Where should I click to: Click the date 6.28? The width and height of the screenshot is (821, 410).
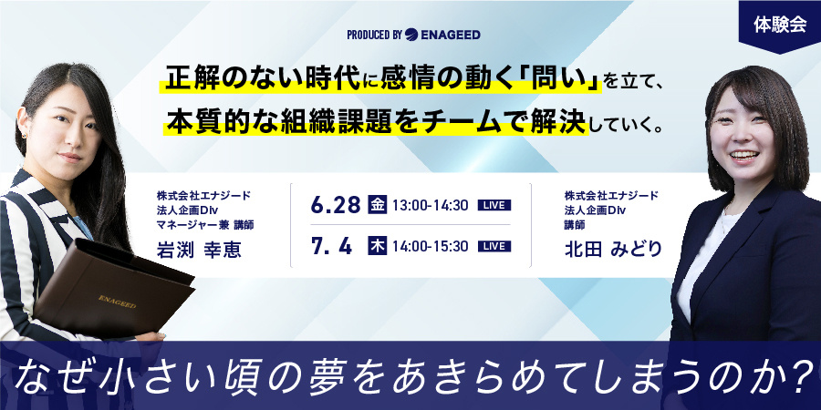pyautogui.click(x=336, y=205)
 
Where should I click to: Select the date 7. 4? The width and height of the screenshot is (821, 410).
pyautogui.click(x=331, y=246)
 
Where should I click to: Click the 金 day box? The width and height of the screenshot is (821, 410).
pyautogui.click(x=378, y=205)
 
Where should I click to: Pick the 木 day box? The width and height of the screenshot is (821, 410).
pyautogui.click(x=378, y=246)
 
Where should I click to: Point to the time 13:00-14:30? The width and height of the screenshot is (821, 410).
pyautogui.click(x=430, y=206)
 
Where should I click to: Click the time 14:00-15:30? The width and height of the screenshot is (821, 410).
pyautogui.click(x=430, y=246)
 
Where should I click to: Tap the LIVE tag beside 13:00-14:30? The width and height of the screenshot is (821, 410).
pyautogui.click(x=494, y=206)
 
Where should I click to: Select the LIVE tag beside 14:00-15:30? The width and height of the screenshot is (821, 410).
pyautogui.click(x=494, y=246)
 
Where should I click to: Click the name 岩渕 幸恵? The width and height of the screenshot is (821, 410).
pyautogui.click(x=199, y=250)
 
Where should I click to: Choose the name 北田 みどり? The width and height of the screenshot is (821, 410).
pyautogui.click(x=609, y=250)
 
